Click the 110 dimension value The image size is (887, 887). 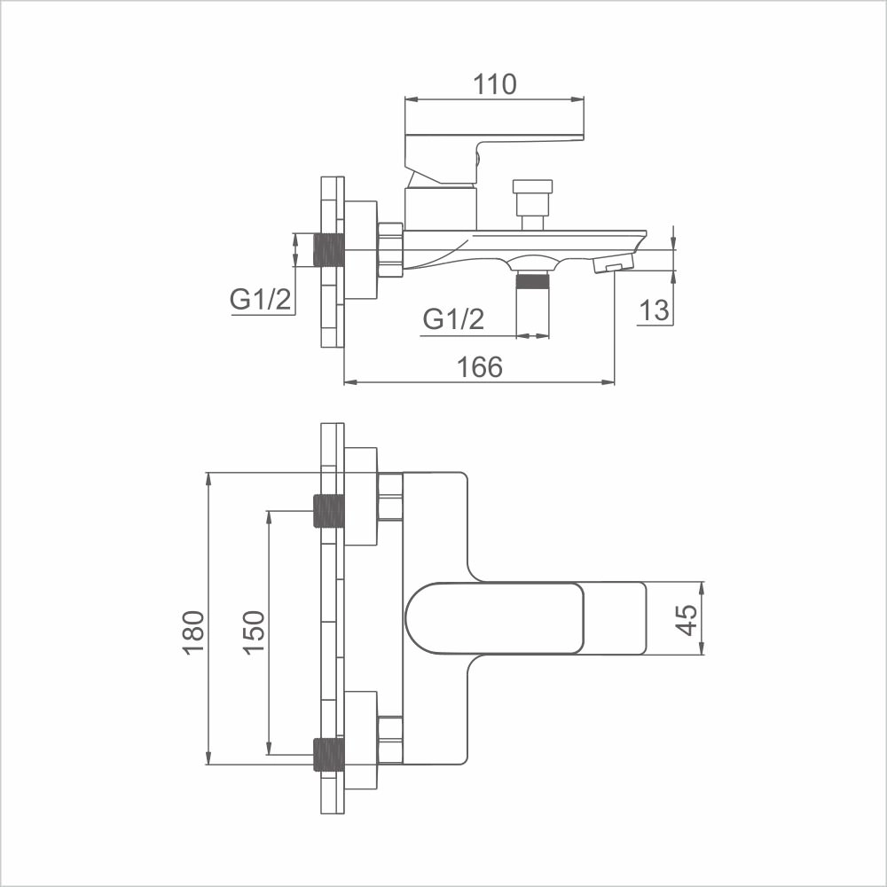tap(494, 84)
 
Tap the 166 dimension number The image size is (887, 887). tap(480, 366)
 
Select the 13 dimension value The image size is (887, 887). tap(654, 310)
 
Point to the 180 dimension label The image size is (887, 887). tap(193, 632)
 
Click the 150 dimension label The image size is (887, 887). tap(254, 632)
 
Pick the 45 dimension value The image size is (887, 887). tap(686, 619)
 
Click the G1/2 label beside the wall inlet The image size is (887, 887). tap(261, 300)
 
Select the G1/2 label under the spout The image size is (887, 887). tap(453, 319)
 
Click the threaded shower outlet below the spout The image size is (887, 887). tap(532, 281)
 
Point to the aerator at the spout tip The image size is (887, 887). tap(614, 263)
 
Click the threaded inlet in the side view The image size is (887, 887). tap(329, 250)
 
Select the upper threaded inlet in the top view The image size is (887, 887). tap(329, 510)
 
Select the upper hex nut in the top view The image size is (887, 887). tap(390, 497)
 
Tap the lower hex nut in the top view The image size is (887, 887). tap(390, 739)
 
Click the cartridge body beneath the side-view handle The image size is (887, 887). tap(441, 208)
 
